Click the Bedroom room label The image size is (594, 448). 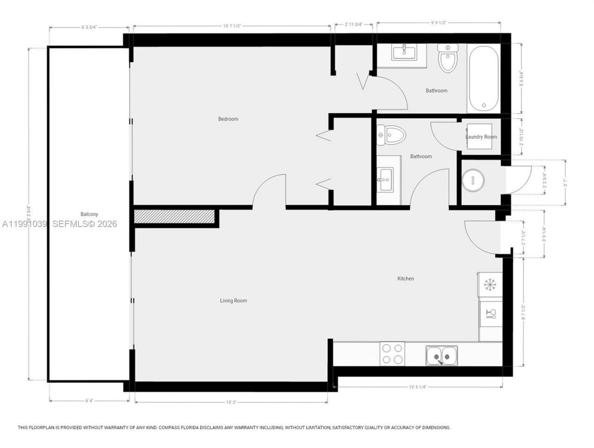coord(228,119)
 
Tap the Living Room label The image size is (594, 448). coord(233,301)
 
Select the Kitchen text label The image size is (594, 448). coord(405,279)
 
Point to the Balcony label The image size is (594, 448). coord(89,214)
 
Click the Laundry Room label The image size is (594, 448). coord(481,137)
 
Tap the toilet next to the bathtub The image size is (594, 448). coord(448,58)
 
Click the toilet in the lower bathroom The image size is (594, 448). coord(391,135)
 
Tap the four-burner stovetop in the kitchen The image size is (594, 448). coord(392,353)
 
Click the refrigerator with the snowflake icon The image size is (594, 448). coord(490,284)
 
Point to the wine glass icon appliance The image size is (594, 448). coord(491,314)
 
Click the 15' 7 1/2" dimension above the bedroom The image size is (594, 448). coord(232,26)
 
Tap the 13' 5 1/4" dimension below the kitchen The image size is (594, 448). coord(418,386)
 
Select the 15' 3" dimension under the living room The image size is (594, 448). coord(231,403)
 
